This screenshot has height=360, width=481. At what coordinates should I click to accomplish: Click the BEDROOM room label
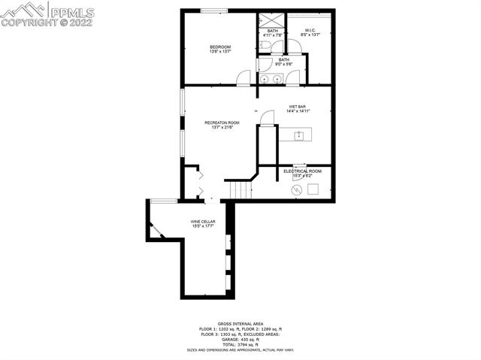[220, 47]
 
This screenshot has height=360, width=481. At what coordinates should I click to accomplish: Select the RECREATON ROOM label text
[222, 123]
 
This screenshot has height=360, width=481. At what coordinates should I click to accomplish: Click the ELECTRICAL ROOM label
[302, 171]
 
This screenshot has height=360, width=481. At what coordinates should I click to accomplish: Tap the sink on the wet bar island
[299, 135]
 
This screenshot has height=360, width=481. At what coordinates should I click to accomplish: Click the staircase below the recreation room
[239, 190]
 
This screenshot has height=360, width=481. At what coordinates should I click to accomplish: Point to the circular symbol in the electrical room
[296, 190]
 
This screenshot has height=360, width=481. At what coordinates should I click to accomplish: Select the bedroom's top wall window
[213, 11]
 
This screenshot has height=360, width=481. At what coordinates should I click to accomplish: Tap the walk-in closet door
[297, 47]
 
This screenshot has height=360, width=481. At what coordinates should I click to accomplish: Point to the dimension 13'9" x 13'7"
[220, 53]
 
